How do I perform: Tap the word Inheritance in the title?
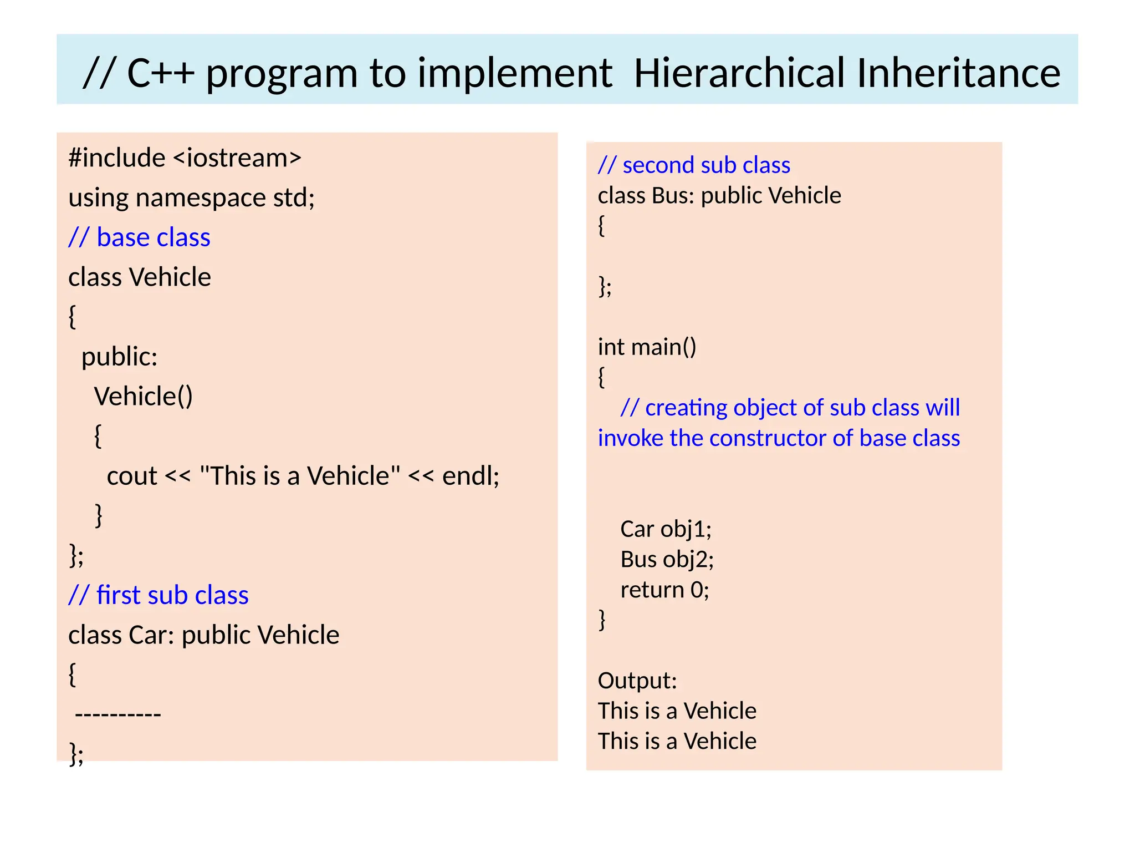point(958,73)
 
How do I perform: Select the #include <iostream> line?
point(185,158)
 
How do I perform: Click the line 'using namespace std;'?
point(191,198)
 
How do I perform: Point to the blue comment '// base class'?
point(139,238)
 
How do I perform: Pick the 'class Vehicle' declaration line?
point(139,277)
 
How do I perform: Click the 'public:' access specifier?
point(119,357)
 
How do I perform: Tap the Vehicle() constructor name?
point(143,397)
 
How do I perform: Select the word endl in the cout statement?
point(471,476)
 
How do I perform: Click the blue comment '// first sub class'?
point(158,595)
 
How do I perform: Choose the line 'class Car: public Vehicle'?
point(203,635)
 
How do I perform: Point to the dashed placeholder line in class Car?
point(117,714)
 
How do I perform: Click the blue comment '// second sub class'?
point(694,165)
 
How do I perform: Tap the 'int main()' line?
point(647,347)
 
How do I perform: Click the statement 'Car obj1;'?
point(666,529)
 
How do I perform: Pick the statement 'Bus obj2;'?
point(667,560)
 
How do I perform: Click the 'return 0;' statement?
point(664,590)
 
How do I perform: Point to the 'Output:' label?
point(637,681)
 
